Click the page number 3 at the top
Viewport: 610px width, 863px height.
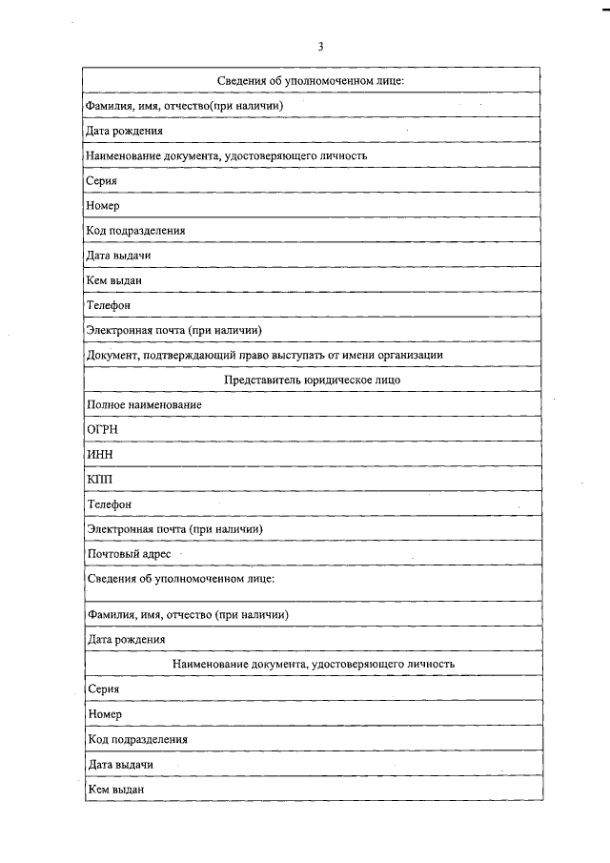(320, 46)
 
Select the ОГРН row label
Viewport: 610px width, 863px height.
(101, 429)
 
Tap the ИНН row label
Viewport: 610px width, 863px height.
(99, 454)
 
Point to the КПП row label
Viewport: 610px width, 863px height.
(99, 479)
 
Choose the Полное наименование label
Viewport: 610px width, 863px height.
(143, 404)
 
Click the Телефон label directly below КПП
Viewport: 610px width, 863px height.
(108, 503)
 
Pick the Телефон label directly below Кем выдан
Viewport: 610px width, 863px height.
(108, 305)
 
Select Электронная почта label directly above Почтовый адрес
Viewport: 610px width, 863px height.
(174, 528)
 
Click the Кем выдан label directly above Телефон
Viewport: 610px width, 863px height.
(113, 280)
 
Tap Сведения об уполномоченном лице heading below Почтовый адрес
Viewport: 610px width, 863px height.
(181, 579)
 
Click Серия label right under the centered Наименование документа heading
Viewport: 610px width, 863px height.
(102, 688)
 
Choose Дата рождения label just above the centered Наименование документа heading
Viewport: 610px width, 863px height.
(126, 639)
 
